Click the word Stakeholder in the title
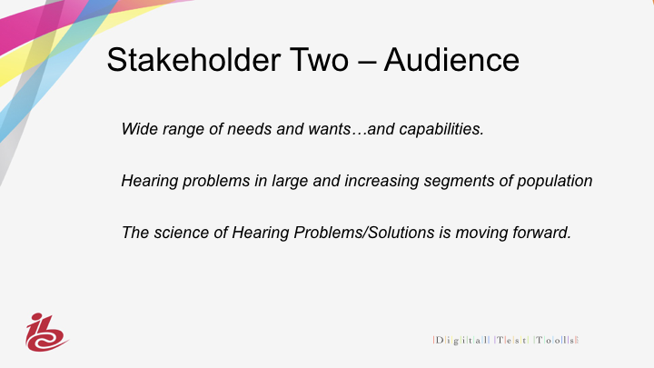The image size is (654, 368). point(194,60)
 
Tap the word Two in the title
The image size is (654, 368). point(319,60)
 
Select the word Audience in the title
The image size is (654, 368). point(451,60)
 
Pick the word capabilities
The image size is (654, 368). point(441,129)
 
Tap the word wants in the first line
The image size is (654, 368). point(330,129)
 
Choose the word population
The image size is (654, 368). point(555,181)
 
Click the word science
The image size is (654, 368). point(182,233)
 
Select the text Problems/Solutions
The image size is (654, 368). point(364,233)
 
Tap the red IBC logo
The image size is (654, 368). point(46,333)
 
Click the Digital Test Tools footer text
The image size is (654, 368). point(506,340)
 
